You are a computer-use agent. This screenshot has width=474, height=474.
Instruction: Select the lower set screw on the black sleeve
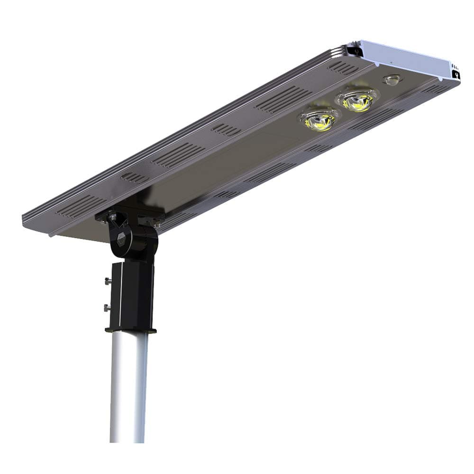coord(107,308)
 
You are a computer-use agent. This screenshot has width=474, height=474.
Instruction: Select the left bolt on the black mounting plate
coord(112,217)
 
